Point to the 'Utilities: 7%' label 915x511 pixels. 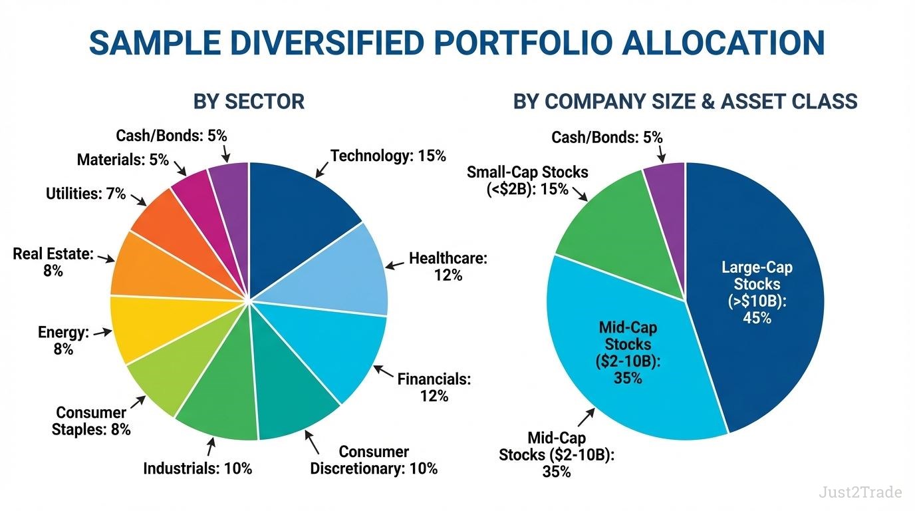86,194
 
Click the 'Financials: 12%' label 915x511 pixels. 434,387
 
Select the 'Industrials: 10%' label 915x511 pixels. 197,468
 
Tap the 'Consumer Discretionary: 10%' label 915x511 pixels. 374,460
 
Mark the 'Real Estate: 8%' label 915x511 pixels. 53,262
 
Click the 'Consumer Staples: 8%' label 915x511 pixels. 91,421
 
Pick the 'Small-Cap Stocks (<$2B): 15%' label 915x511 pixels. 527,180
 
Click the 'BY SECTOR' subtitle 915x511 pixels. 249,102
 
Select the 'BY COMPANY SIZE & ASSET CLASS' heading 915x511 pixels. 685,102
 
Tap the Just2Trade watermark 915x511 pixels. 860,492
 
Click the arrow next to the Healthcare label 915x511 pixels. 395,265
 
